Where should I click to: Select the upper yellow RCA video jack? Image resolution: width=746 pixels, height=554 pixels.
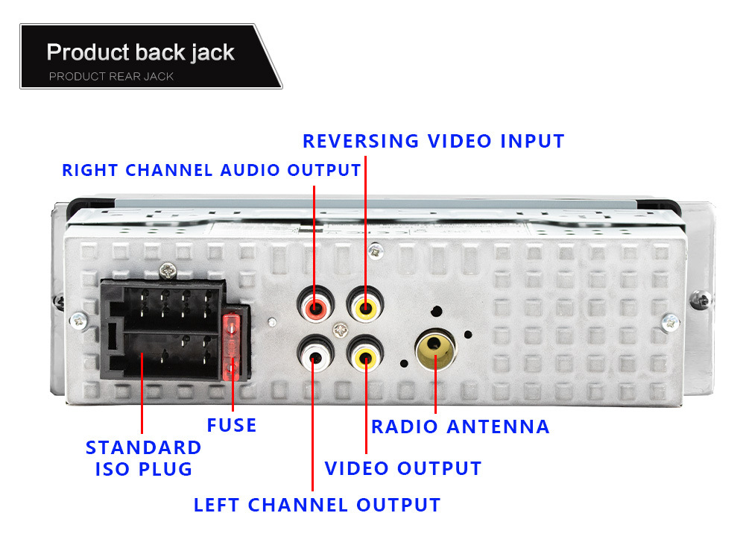(x=364, y=306)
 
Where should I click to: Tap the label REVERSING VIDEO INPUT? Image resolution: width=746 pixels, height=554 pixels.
(x=433, y=141)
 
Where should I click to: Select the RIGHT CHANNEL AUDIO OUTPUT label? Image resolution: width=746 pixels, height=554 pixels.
(x=212, y=170)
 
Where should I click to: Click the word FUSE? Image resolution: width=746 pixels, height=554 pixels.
(x=232, y=426)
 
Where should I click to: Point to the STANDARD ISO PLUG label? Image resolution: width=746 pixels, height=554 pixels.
(x=143, y=458)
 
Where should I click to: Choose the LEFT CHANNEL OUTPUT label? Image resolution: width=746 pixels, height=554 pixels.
(x=317, y=505)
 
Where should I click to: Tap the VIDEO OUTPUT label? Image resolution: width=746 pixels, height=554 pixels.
(x=403, y=468)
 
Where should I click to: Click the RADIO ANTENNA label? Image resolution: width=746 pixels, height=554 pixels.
(x=460, y=426)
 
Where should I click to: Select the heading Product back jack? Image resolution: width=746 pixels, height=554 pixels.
(x=140, y=53)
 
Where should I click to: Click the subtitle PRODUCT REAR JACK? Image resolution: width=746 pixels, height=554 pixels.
(x=111, y=76)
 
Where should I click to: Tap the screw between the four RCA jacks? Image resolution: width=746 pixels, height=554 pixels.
(x=341, y=329)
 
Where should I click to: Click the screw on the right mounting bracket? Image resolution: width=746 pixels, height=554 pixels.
(x=670, y=322)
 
